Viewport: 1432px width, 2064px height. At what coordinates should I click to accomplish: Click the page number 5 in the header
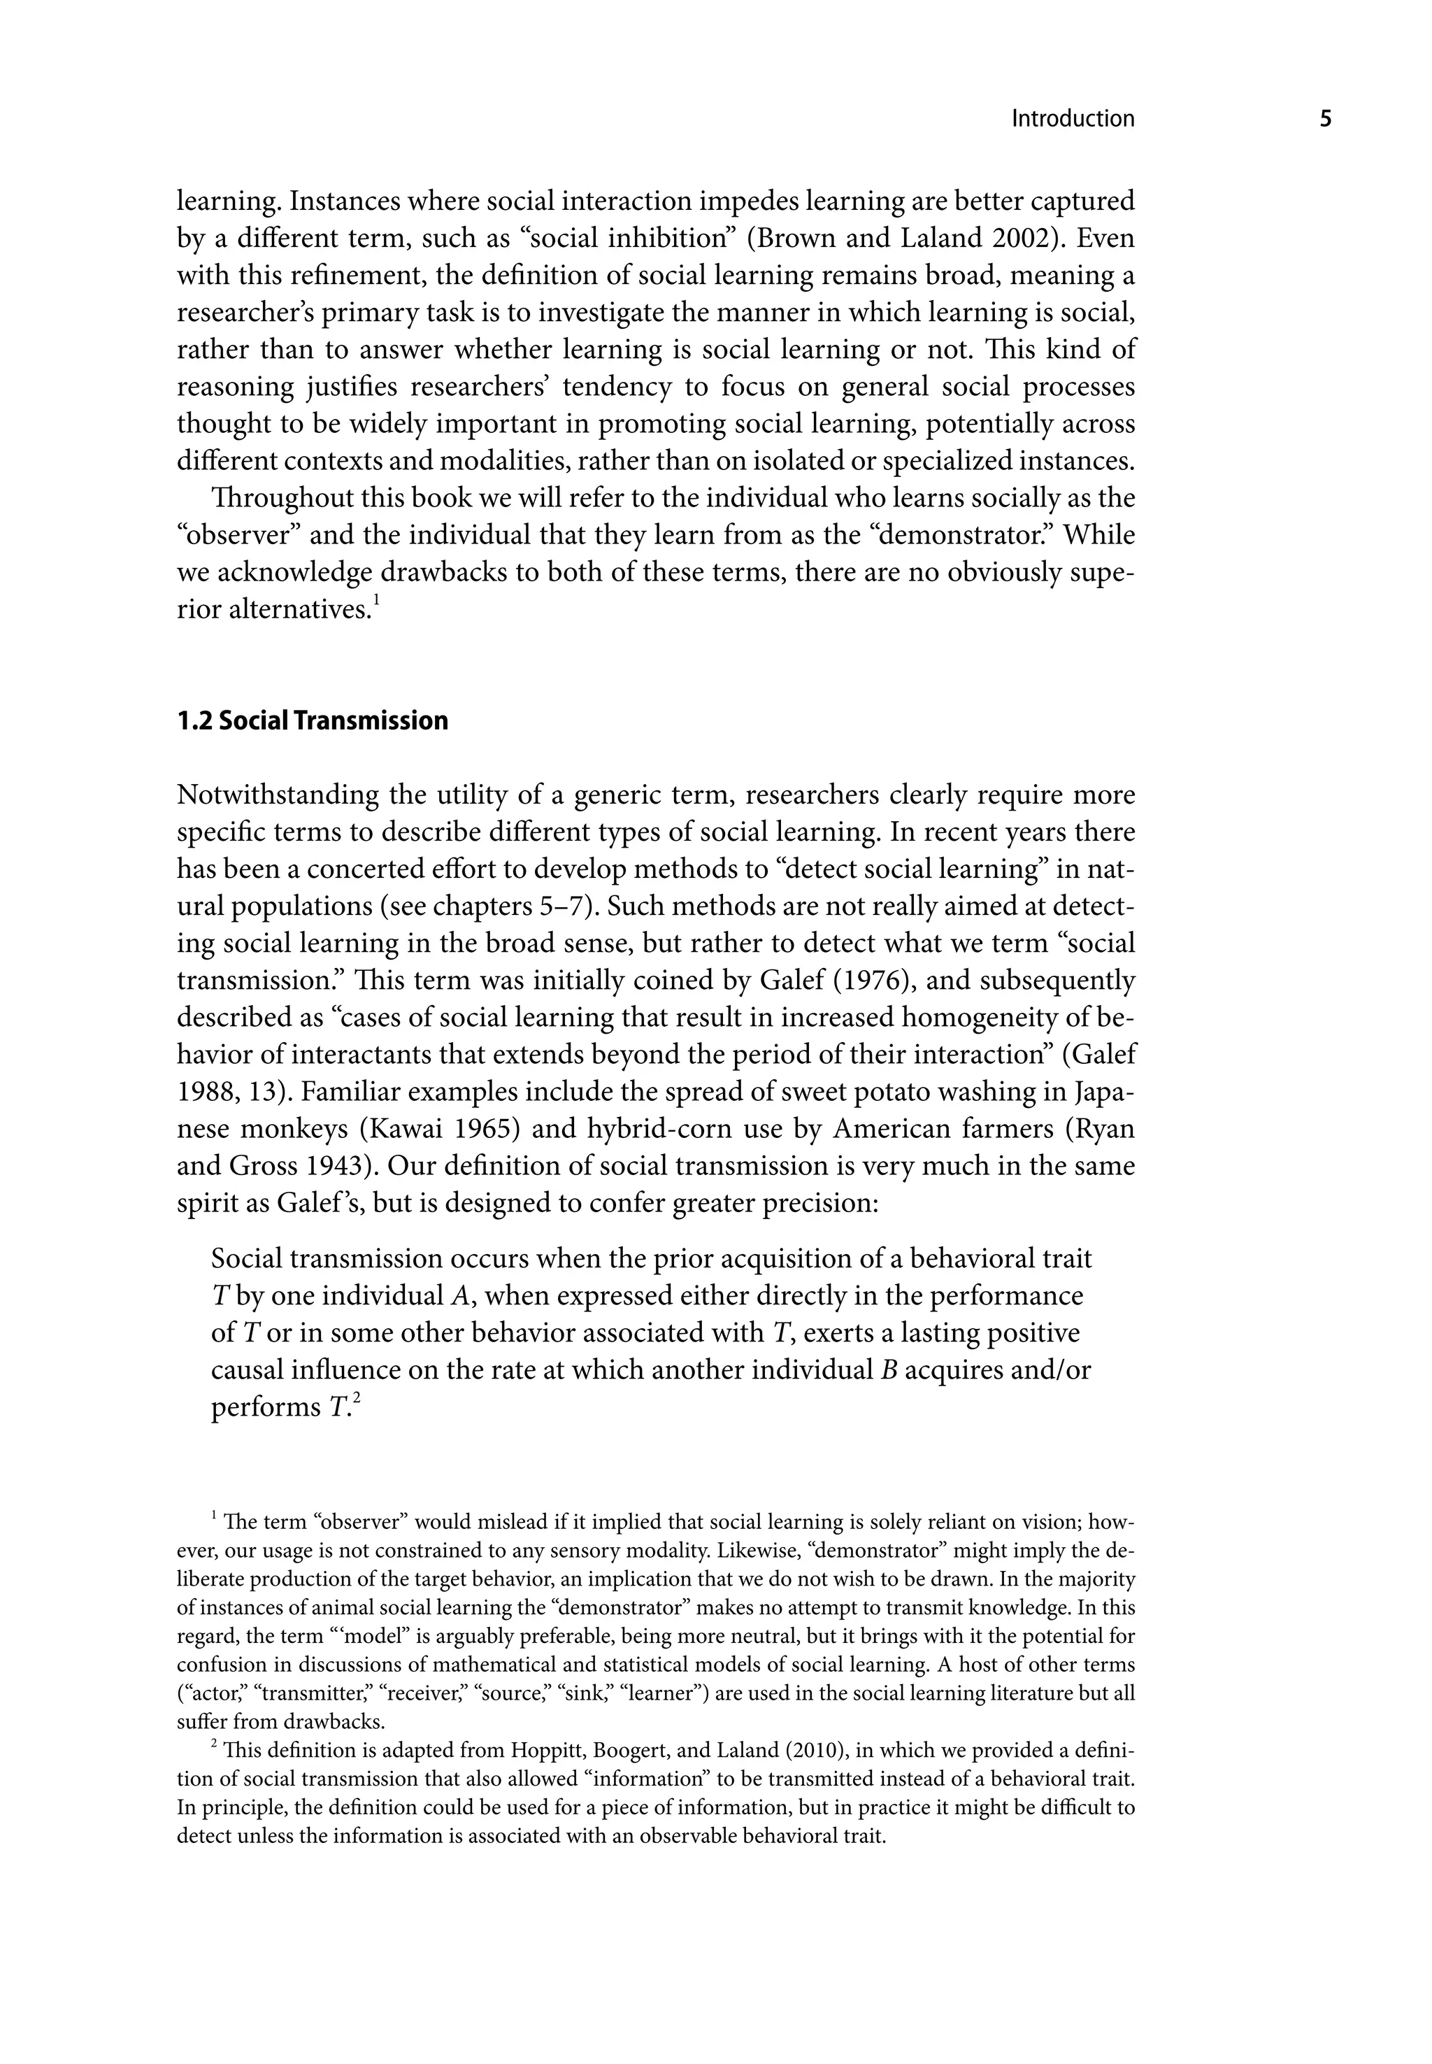pyautogui.click(x=1325, y=120)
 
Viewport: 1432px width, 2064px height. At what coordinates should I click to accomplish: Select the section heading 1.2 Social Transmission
pyautogui.click(x=313, y=720)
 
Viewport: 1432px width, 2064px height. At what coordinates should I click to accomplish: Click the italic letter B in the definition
pyautogui.click(x=891, y=1370)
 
